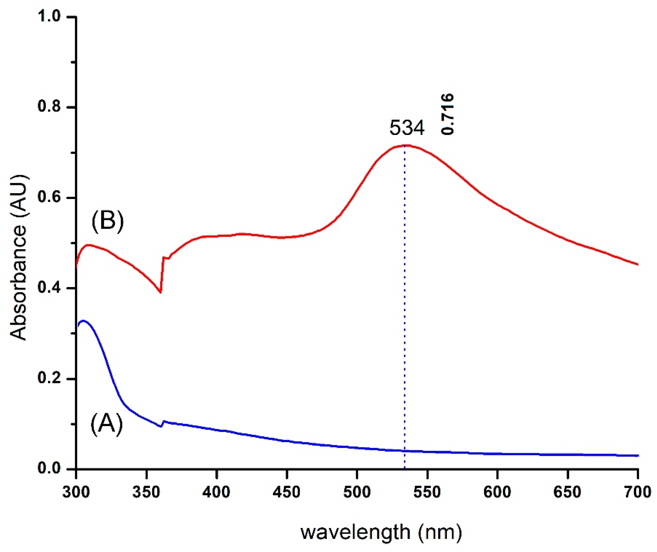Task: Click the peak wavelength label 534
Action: (407, 128)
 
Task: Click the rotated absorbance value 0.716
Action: (447, 114)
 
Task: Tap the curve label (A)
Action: (107, 424)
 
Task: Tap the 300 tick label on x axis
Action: (76, 492)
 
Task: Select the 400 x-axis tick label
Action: (217, 492)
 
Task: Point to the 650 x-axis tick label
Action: (567, 492)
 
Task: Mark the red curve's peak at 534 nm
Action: (405, 145)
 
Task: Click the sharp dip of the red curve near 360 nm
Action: (160, 292)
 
